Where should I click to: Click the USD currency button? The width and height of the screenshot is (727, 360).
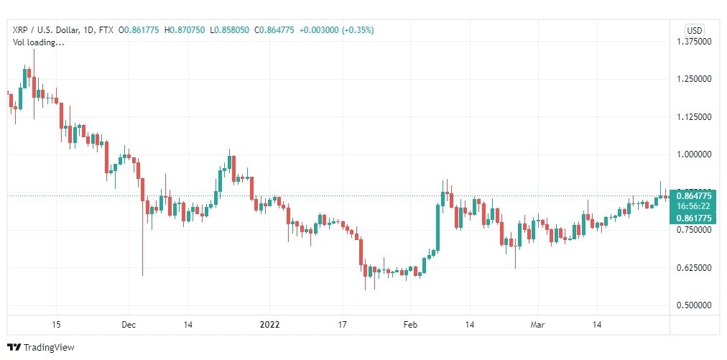pyautogui.click(x=694, y=30)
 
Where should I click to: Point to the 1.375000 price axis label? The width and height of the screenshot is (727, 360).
pyautogui.click(x=695, y=42)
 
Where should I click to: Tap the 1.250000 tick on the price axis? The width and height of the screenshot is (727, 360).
pyautogui.click(x=695, y=79)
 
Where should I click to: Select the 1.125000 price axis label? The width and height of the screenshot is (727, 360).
pyautogui.click(x=695, y=116)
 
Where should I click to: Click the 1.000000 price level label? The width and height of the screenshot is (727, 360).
pyautogui.click(x=695, y=154)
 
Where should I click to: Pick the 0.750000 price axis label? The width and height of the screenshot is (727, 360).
pyautogui.click(x=695, y=230)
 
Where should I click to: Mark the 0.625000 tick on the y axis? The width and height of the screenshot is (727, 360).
pyautogui.click(x=695, y=268)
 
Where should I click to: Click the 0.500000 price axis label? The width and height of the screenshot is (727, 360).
pyautogui.click(x=695, y=305)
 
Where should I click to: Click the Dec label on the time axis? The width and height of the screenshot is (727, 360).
pyautogui.click(x=129, y=325)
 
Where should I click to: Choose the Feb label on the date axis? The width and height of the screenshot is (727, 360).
pyautogui.click(x=410, y=325)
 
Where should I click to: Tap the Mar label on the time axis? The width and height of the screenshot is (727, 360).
pyautogui.click(x=538, y=325)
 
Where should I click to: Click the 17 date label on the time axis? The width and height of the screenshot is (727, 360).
pyautogui.click(x=343, y=325)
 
